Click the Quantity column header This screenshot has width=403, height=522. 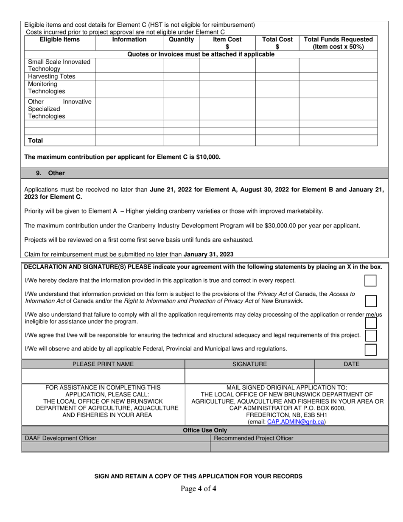[x=181, y=39]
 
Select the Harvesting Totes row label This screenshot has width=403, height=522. [x=51, y=76]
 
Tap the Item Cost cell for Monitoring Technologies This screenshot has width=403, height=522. [x=227, y=88]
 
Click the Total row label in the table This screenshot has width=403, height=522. [x=36, y=140]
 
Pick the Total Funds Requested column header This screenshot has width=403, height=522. [x=338, y=43]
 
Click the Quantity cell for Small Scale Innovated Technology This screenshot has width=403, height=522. [x=181, y=65]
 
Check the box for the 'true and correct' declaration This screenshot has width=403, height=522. [x=370, y=281]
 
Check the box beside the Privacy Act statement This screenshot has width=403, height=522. [x=370, y=301]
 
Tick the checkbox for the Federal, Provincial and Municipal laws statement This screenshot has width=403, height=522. [x=370, y=349]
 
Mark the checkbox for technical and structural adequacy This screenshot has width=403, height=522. [x=370, y=335]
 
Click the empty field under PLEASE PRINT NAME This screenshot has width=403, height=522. [x=103, y=376]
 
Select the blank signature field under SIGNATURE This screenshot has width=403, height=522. [x=249, y=376]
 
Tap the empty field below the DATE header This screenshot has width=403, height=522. [x=351, y=376]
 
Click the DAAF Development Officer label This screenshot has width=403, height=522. [x=61, y=438]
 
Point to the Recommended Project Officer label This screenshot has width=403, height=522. [x=253, y=438]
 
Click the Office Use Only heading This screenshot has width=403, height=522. [x=205, y=430]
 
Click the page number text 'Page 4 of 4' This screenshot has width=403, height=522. [x=198, y=488]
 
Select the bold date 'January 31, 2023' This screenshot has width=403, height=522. [x=208, y=255]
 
